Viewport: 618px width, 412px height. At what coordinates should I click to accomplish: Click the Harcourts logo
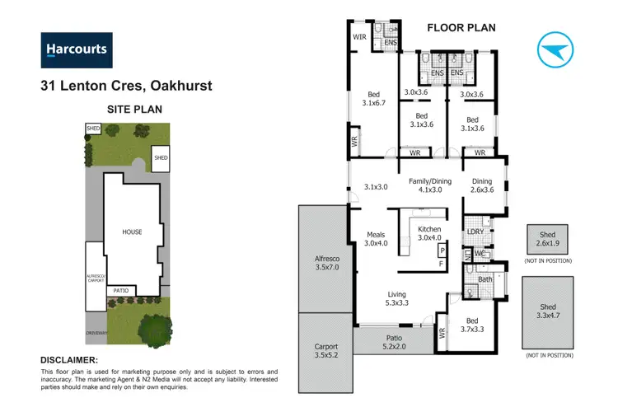point(76,50)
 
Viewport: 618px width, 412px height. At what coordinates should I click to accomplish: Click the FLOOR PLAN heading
point(461,27)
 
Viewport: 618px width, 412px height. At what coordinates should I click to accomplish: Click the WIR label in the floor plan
point(359,37)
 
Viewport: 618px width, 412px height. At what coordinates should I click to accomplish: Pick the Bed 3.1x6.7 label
point(373,98)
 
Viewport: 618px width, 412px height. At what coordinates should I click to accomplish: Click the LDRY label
point(475,232)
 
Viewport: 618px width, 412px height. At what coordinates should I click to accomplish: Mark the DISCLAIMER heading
point(70,360)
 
